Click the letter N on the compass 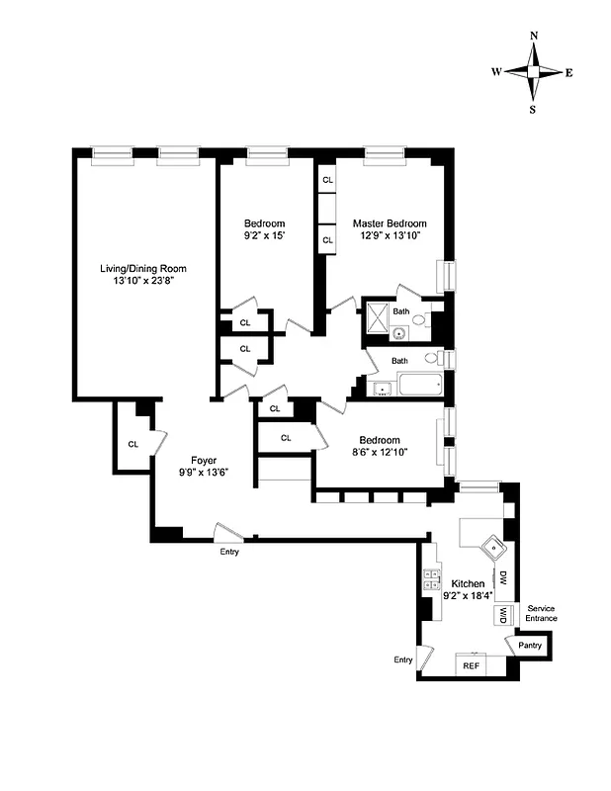click(x=534, y=35)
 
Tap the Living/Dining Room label click(x=143, y=268)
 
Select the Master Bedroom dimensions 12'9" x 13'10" click(x=390, y=237)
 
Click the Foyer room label click(x=205, y=459)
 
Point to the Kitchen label click(x=468, y=584)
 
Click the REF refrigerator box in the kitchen click(x=471, y=666)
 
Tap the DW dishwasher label click(x=503, y=577)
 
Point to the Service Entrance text click(x=542, y=613)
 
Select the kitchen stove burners click(x=431, y=580)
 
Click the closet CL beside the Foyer click(x=132, y=444)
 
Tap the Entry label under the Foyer click(x=228, y=552)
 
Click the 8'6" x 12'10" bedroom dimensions click(x=380, y=454)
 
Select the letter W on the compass click(x=497, y=72)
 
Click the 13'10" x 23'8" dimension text click(x=143, y=282)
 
